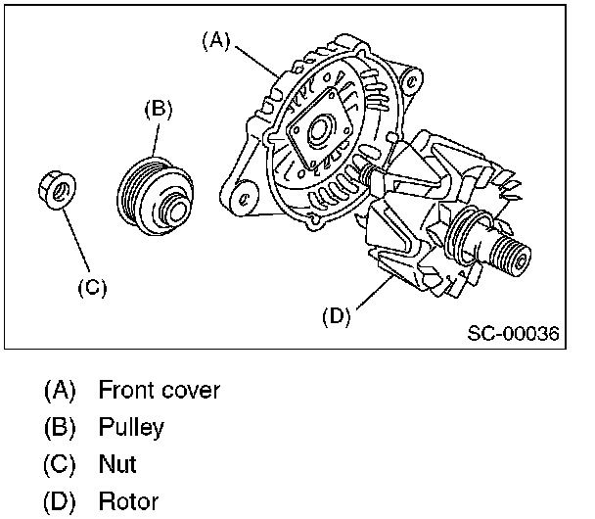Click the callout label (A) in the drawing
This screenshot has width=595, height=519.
[x=215, y=40]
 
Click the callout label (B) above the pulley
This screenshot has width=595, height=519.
[x=158, y=109]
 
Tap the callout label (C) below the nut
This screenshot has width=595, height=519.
[x=91, y=288]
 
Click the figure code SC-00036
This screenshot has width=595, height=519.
[x=512, y=334]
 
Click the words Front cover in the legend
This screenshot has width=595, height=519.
[x=160, y=390]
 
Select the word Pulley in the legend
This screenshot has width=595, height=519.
[x=131, y=427]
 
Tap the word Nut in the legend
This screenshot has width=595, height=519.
[x=117, y=464]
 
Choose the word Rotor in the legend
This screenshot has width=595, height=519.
[x=128, y=501]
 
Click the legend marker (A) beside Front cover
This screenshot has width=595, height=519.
[x=60, y=390]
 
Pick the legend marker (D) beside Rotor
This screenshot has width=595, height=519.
[x=60, y=501]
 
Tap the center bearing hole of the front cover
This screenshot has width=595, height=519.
[x=320, y=130]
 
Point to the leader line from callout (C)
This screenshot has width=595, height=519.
[x=78, y=245]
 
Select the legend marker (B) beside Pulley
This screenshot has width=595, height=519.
[x=60, y=427]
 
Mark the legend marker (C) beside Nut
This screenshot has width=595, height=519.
[x=60, y=464]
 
